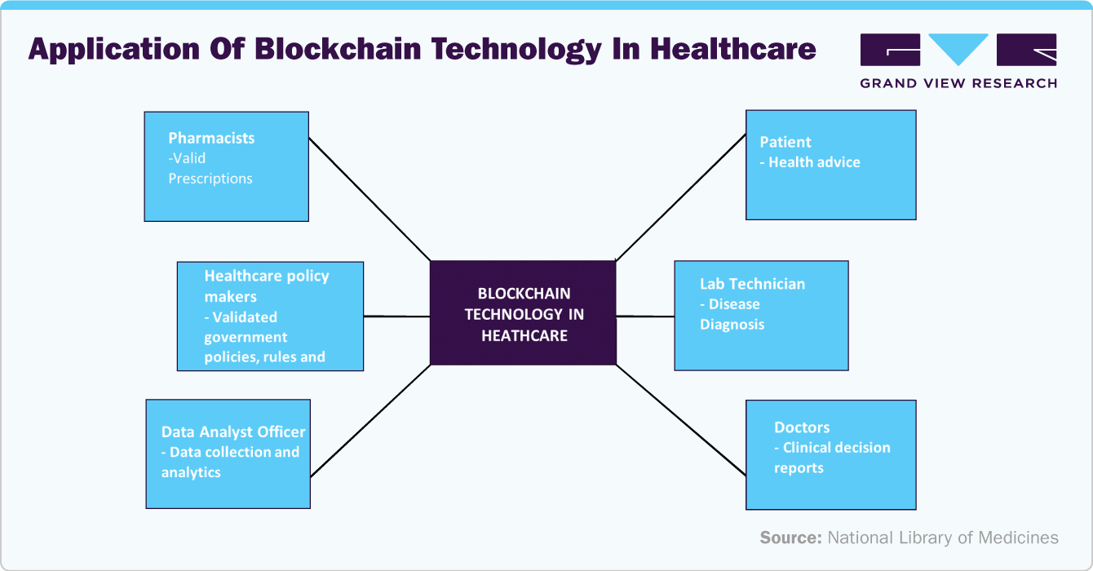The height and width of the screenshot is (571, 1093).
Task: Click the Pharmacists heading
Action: click(211, 138)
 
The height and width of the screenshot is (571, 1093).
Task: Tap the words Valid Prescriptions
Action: click(210, 169)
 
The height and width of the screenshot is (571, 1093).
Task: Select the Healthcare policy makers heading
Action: click(266, 285)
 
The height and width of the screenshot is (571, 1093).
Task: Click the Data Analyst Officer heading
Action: click(233, 432)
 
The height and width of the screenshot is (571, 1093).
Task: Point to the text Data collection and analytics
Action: click(230, 463)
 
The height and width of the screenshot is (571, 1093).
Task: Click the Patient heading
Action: click(785, 142)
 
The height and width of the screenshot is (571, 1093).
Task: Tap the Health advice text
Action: click(813, 162)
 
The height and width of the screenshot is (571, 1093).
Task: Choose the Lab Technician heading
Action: click(752, 284)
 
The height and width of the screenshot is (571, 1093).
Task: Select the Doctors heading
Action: click(802, 427)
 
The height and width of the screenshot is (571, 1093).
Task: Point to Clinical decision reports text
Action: click(831, 458)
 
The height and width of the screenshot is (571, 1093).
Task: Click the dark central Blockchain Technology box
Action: click(523, 313)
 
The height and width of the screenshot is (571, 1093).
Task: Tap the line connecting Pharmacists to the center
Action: click(369, 199)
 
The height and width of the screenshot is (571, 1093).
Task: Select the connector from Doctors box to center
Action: click(680, 420)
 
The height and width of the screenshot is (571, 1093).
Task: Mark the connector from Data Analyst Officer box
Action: click(369, 421)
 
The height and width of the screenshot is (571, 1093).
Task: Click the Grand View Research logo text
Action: click(958, 83)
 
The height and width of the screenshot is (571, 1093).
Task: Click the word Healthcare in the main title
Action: click(732, 50)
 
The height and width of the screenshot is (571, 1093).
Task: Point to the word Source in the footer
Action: click(790, 538)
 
